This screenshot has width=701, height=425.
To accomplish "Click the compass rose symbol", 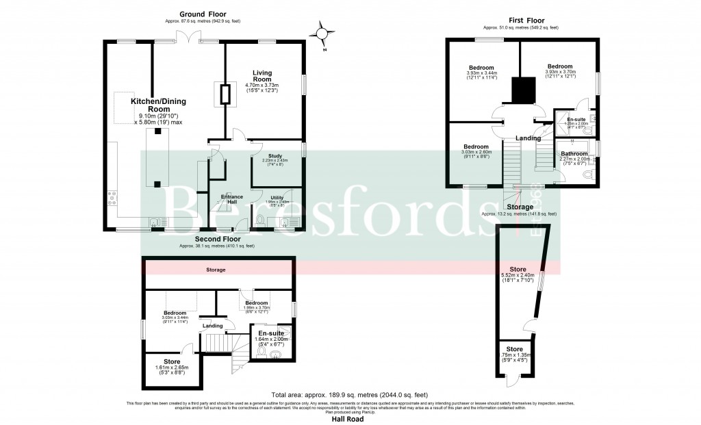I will pyautogui.click(x=323, y=32).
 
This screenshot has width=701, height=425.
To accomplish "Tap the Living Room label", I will pyautogui.click(x=263, y=75).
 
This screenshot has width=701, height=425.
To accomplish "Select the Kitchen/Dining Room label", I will pyautogui.click(x=158, y=105).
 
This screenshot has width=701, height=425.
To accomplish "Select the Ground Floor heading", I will pyautogui.click(x=203, y=14).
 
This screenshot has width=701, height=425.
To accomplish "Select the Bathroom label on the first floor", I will pyautogui.click(x=574, y=154).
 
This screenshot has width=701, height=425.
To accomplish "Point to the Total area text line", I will pyautogui.click(x=350, y=395).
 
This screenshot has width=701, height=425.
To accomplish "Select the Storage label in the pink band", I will pyautogui.click(x=216, y=270).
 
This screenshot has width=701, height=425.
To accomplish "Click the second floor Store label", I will pyautogui.click(x=163, y=361).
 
